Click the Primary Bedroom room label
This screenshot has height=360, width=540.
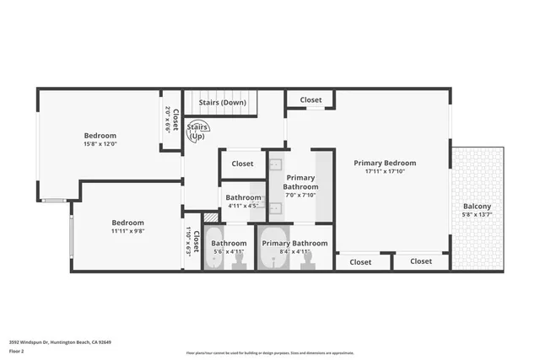(384, 163)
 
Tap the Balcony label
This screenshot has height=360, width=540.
(477, 207)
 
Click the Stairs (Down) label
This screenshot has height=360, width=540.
(222, 103)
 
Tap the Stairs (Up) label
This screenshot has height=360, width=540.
(197, 132)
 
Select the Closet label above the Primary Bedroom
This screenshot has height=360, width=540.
(310, 99)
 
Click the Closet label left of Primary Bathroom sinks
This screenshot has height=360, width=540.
(242, 164)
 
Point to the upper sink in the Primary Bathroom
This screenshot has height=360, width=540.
(276, 166)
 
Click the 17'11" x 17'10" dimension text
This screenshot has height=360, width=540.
(384, 171)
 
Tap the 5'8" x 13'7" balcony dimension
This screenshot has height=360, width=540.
(477, 215)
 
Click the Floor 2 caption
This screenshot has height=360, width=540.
(17, 350)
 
